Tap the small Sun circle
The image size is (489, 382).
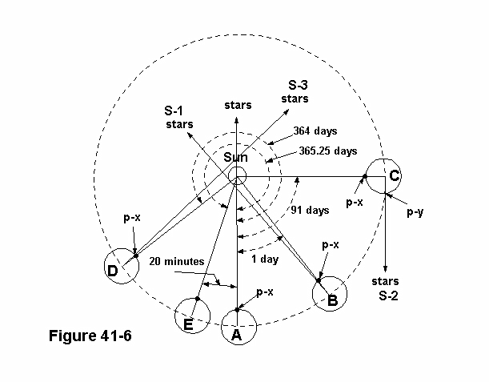(237, 176)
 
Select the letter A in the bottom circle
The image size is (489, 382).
(236, 336)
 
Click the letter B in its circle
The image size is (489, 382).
(331, 301)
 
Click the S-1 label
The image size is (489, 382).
(174, 112)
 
